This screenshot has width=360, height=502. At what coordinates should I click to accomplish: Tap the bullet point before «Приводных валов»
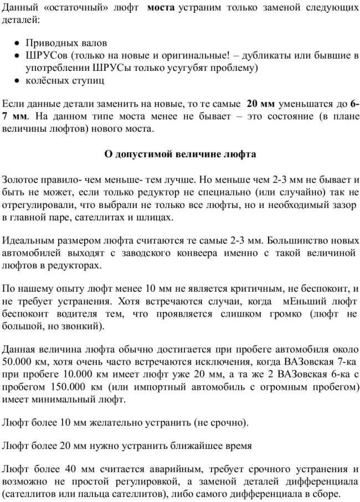18,43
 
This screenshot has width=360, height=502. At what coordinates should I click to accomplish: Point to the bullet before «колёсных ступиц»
18,81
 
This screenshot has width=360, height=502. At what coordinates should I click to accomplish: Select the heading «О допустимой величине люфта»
180,154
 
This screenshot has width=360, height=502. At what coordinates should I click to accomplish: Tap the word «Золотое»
22,180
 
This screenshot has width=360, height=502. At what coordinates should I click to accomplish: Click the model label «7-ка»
348,363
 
